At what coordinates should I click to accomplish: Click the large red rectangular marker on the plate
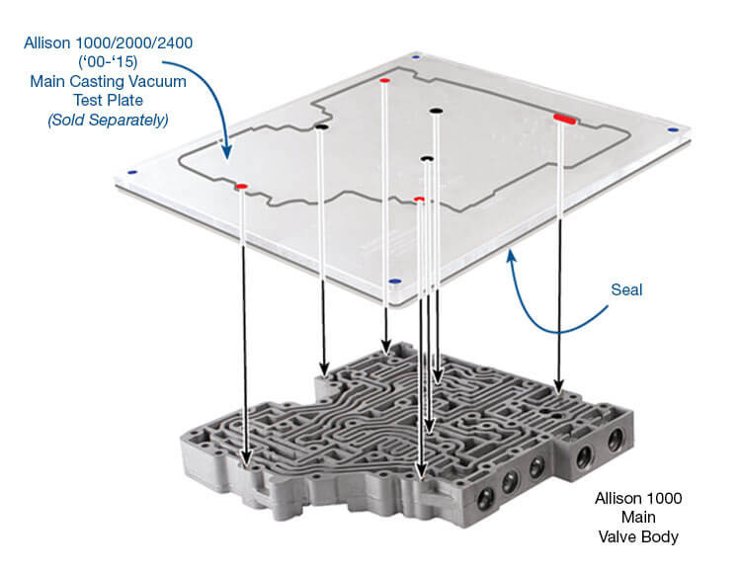click(x=565, y=119)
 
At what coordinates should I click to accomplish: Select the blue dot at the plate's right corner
click(x=673, y=128)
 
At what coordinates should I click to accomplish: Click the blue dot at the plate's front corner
click(x=394, y=283)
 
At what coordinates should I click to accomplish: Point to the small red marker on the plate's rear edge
click(x=383, y=80)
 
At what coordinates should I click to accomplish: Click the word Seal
click(x=626, y=290)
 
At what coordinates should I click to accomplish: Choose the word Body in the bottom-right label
click(x=660, y=536)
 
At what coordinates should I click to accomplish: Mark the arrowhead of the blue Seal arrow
click(x=511, y=256)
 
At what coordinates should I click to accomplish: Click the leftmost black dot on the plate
click(x=321, y=126)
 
